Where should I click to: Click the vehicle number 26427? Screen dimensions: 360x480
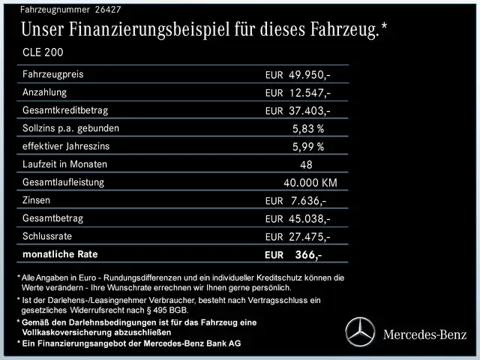pos(106,10)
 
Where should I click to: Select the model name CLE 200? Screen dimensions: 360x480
pos(43,52)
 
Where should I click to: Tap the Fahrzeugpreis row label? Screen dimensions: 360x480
pos(53,74)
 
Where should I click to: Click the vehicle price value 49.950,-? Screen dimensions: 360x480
pos(309,75)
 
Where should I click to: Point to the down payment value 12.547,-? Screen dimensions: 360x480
pos(309,93)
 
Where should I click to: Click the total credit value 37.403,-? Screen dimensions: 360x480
pos(309,111)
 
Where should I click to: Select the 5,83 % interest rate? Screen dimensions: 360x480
pos(307,128)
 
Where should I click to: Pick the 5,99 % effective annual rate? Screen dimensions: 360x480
pos(307,146)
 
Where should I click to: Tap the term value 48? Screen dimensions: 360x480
pos(306,164)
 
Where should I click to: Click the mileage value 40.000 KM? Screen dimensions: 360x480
pos(310,182)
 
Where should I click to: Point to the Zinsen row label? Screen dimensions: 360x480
pos(37,200)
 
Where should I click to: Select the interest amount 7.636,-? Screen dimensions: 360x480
pos(307,201)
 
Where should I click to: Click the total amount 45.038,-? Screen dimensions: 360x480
pos(309,219)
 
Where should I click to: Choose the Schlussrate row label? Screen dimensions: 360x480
pos(46,236)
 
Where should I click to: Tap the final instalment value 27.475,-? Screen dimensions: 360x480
pos(309,237)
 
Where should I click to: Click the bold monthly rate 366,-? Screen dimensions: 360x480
pos(307,255)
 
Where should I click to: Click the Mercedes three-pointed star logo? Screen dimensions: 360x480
pos(359,331)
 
